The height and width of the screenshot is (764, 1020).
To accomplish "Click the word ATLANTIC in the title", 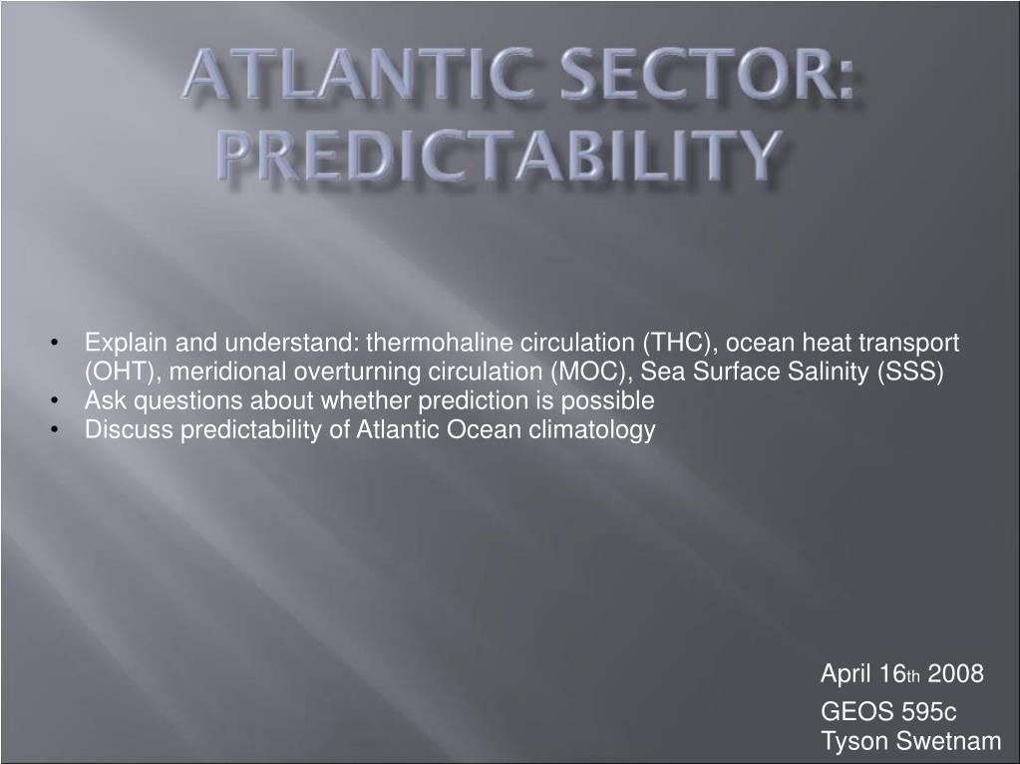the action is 360,74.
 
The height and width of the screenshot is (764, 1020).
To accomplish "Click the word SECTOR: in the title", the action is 707,74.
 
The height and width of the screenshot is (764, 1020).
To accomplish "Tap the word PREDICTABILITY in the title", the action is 499,154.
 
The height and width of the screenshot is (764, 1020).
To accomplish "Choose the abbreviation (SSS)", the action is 910,372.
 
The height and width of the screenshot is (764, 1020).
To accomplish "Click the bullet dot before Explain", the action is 55,343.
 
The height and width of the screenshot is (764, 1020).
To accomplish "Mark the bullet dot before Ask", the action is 55,400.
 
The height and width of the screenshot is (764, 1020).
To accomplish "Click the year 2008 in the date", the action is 955,673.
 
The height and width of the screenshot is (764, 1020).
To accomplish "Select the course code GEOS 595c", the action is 888,711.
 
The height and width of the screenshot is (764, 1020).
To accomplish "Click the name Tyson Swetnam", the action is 910,741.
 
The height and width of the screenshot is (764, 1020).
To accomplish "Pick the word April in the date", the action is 846,674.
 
